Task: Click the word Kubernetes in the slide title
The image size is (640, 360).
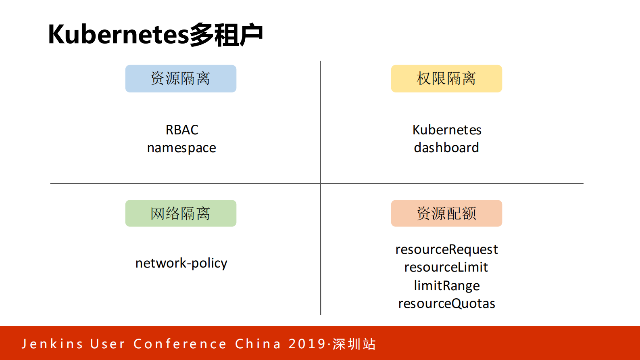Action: coord(118,35)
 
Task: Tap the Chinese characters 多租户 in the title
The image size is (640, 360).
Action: coord(226,35)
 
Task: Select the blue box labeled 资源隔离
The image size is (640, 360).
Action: coord(181,79)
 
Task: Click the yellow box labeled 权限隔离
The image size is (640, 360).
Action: coord(446,79)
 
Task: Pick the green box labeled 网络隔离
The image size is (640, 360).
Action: coord(181,213)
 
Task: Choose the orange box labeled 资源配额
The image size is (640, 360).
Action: coord(446,213)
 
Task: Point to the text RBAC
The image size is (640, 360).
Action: coord(182,130)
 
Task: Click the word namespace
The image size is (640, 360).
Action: coord(181,148)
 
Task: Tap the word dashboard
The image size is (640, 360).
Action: coord(446,148)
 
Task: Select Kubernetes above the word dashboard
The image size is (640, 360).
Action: coord(447,130)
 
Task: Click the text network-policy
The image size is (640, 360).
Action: coord(181,263)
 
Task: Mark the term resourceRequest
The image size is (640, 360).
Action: coord(446,249)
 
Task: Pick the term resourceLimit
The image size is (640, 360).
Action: coord(446,267)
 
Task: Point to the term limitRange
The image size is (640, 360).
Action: coord(447,286)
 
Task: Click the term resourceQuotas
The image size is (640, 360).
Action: coord(446,303)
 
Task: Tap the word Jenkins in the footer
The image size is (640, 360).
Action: coord(52,344)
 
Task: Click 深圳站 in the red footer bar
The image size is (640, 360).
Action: coord(354,344)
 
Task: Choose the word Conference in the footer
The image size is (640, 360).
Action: coord(180,344)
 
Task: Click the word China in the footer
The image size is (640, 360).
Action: coord(258,344)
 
